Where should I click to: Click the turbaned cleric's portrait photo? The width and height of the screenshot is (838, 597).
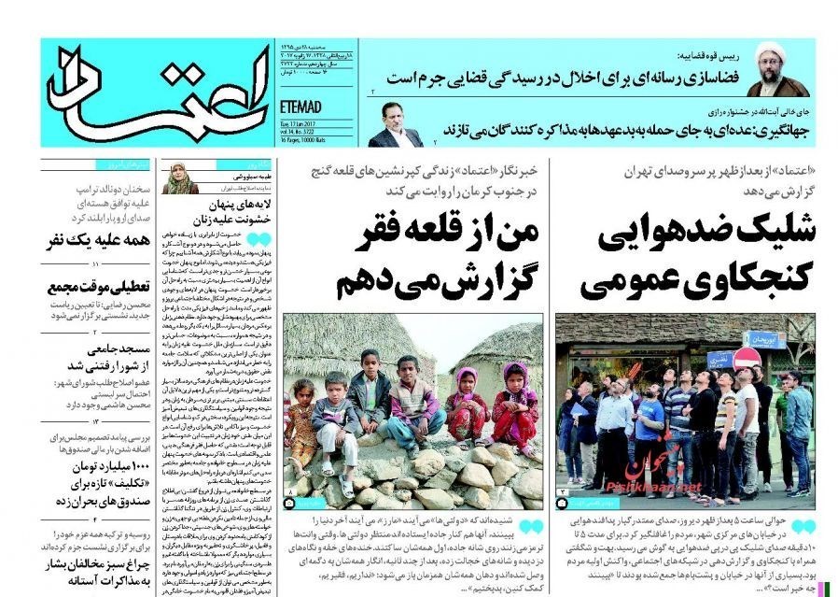point(778,69)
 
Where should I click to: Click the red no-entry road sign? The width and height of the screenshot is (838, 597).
point(746,359)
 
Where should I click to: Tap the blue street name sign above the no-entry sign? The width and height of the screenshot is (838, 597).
point(765,339)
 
